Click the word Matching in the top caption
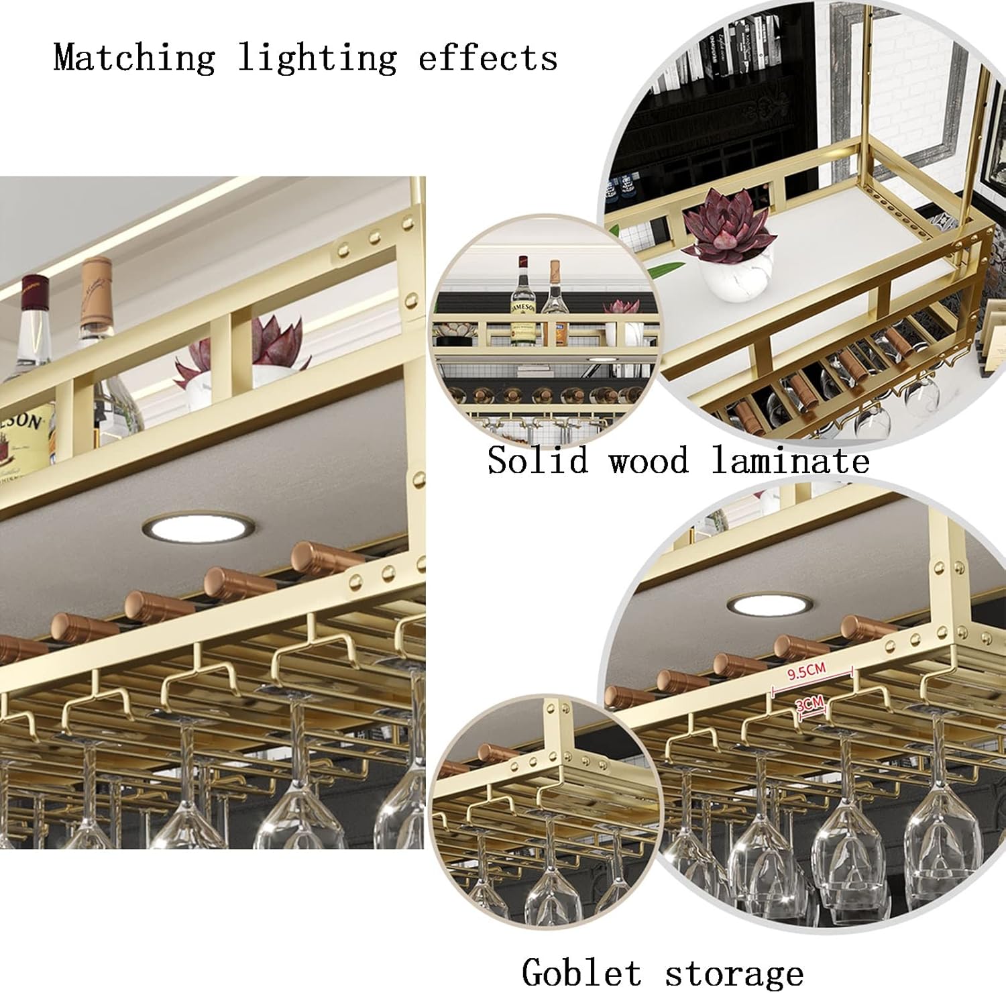click(x=134, y=57)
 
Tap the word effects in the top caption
click(x=488, y=57)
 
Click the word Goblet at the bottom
click(x=581, y=972)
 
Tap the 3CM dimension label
click(x=809, y=704)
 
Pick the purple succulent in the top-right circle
click(x=730, y=221)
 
